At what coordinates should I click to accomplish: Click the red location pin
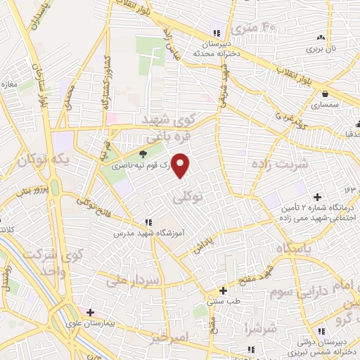tap(181, 165)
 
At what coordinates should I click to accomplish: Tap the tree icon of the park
tap(144, 154)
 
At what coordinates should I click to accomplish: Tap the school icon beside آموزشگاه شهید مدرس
tap(147, 222)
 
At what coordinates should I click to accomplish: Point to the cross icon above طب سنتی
tap(223, 290)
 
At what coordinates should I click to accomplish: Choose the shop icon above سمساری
tap(325, 94)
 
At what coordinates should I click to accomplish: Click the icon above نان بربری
tap(321, 37)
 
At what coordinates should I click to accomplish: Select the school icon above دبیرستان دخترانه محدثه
tap(217, 33)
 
